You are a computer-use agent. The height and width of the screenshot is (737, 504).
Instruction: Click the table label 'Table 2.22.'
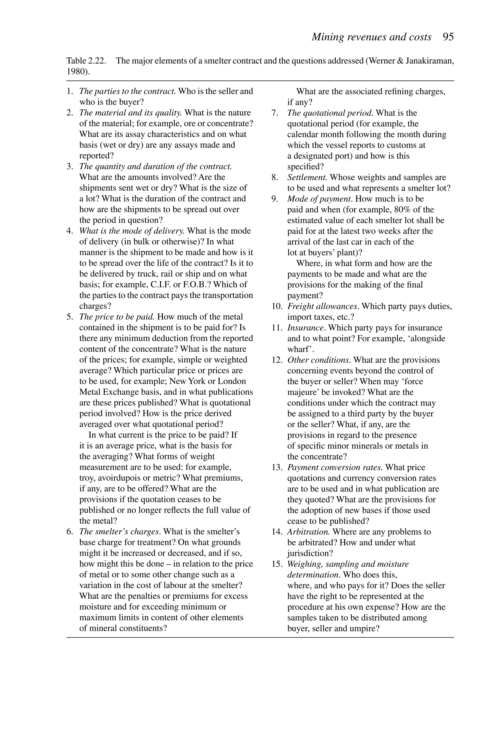coord(86,61)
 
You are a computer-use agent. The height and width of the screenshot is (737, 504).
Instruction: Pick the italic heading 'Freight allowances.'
coord(323,306)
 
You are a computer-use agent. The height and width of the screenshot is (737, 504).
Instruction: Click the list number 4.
coord(69,231)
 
